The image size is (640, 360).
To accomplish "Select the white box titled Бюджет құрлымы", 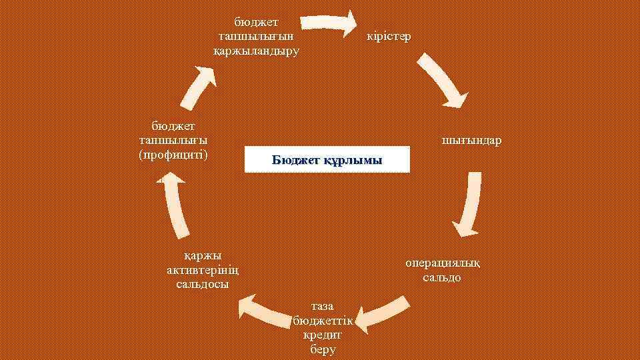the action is coord(327,160).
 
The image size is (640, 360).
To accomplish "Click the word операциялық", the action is coord(442,263).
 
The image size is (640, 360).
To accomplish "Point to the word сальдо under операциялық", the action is coord(442,277).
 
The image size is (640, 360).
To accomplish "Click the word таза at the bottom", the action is coord(323,307).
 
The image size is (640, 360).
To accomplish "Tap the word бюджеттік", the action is coord(322,321).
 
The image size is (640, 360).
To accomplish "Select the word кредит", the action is coord(323,335).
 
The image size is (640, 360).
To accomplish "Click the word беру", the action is coord(323,349).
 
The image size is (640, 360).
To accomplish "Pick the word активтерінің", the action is coord(203,270).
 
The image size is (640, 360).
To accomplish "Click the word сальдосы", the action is coord(203,284).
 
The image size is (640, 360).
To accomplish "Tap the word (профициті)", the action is coord(173,155).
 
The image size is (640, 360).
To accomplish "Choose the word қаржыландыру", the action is coord(256,50).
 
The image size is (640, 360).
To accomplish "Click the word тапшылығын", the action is coord(256,36).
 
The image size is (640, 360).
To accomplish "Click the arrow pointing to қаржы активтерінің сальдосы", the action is coord(267,309).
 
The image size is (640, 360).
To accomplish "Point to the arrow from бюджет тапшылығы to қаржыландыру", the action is coord(201,87).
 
